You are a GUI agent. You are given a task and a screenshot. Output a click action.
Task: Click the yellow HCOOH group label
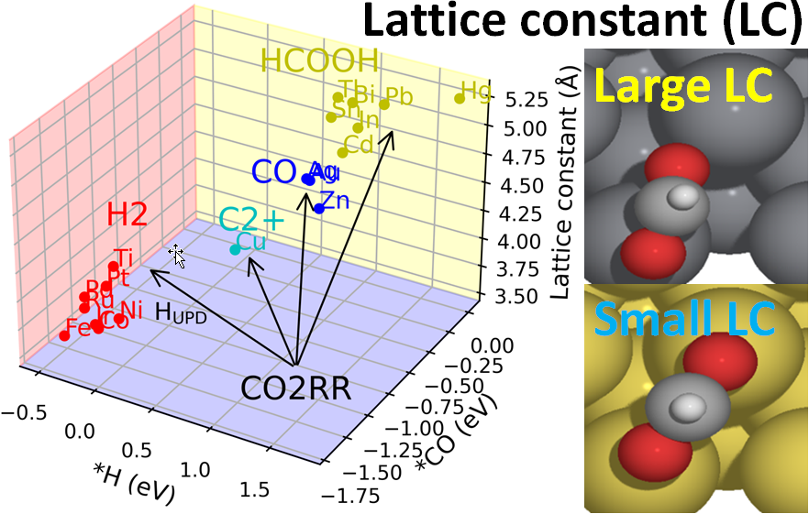pos(319,61)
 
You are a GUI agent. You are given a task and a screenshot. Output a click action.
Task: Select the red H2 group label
pos(127,214)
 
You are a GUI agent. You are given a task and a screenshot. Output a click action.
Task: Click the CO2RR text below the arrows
pos(296,388)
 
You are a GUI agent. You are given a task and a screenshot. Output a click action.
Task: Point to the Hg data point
pos(460,98)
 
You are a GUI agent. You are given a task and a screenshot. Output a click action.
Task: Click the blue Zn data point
pos(319,209)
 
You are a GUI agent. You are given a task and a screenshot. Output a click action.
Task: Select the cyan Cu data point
pos(235,250)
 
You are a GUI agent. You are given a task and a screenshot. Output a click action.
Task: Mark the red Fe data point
pos(64,335)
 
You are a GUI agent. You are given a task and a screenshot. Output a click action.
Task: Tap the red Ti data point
pos(113,267)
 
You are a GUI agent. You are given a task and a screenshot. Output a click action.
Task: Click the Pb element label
pos(399,95)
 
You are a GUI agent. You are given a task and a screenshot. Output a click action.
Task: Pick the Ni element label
pos(131,309)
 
